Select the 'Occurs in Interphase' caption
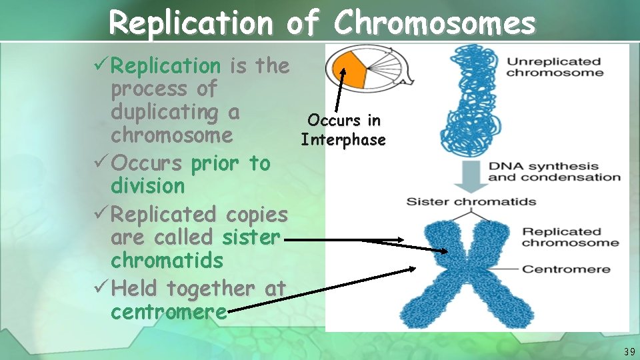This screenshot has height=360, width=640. pyautogui.click(x=343, y=130)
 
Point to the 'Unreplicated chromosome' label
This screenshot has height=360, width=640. pyautogui.click(x=554, y=67)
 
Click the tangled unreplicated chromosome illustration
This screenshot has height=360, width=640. pyautogui.click(x=467, y=100)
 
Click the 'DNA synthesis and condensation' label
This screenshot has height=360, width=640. pyautogui.click(x=554, y=171)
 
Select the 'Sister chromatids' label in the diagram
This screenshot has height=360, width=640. pyautogui.click(x=471, y=201)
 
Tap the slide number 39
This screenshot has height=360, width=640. pyautogui.click(x=629, y=351)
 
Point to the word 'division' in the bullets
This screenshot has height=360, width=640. pyautogui.click(x=147, y=187)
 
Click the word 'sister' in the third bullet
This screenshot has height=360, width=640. pyautogui.click(x=252, y=237)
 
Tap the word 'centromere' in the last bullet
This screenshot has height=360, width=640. pyautogui.click(x=168, y=312)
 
